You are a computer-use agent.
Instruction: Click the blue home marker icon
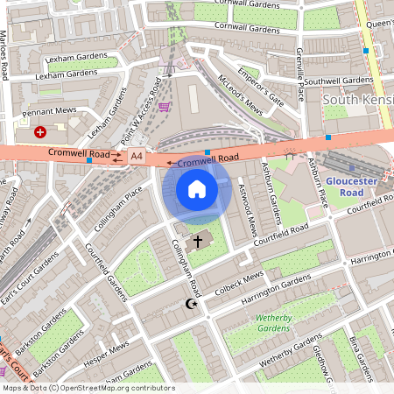coord(197,188)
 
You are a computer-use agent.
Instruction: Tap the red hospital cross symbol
coord(40,132)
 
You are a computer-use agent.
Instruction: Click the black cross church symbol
coord(198,240)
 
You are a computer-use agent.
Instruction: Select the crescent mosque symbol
coord(189,305)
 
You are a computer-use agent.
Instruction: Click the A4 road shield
coord(136,156)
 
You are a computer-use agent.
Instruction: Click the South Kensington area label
coord(358,100)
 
